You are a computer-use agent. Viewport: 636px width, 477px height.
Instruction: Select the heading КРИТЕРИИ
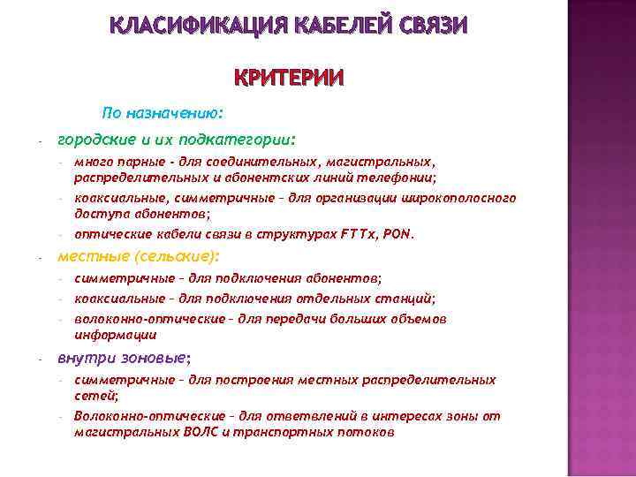coord(288,79)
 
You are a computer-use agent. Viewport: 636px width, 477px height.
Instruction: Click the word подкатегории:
coord(251,140)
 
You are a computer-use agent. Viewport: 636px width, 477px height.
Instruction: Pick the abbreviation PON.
coord(398,235)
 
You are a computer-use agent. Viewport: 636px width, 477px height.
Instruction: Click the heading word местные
coord(87,256)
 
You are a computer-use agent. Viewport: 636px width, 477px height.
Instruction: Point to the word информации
coord(115,335)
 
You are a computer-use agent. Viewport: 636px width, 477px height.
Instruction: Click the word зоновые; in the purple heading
coord(162,358)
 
